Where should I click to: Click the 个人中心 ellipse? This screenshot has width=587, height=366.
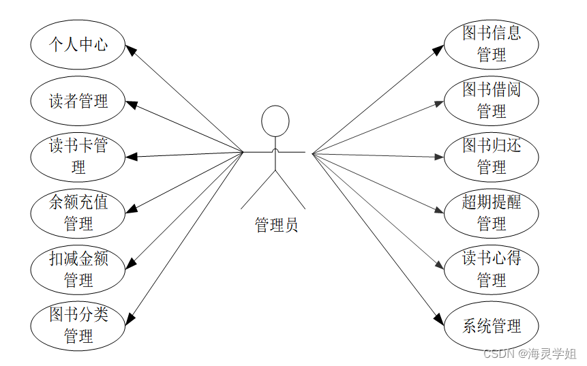click(x=78, y=45)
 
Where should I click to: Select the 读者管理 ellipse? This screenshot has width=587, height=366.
click(x=78, y=102)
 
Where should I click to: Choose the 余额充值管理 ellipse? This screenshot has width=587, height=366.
click(x=78, y=213)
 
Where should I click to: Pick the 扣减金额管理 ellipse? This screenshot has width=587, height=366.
click(x=78, y=269)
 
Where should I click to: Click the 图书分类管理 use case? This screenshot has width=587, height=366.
click(x=78, y=326)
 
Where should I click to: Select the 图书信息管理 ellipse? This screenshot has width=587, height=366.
click(x=492, y=44)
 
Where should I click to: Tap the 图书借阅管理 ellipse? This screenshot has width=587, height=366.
click(x=492, y=101)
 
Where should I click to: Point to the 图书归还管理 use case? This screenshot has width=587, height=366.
click(x=492, y=157)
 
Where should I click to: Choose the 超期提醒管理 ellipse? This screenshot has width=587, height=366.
click(x=492, y=213)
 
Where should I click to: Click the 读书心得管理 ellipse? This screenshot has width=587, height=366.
click(x=492, y=269)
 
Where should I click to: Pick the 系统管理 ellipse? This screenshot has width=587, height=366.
click(x=492, y=326)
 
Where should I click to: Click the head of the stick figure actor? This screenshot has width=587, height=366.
click(x=275, y=121)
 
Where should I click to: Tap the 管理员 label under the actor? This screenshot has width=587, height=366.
click(x=276, y=225)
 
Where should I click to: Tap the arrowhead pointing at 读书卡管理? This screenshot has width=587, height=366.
click(x=132, y=157)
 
